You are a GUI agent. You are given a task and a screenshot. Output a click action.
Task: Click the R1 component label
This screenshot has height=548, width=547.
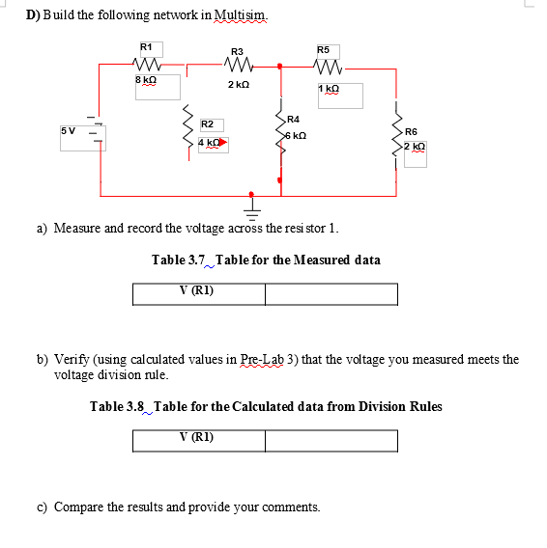pyautogui.click(x=146, y=46)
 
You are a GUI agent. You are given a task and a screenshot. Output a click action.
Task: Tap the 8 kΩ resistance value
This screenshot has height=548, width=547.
pyautogui.click(x=145, y=80)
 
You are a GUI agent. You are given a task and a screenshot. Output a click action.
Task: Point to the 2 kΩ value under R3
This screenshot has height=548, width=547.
pyautogui.click(x=239, y=85)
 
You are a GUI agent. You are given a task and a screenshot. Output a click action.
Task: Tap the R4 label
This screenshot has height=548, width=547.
pyautogui.click(x=294, y=119)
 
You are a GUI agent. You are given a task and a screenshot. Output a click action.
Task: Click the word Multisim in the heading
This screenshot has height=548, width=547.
pyautogui.click(x=237, y=16)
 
